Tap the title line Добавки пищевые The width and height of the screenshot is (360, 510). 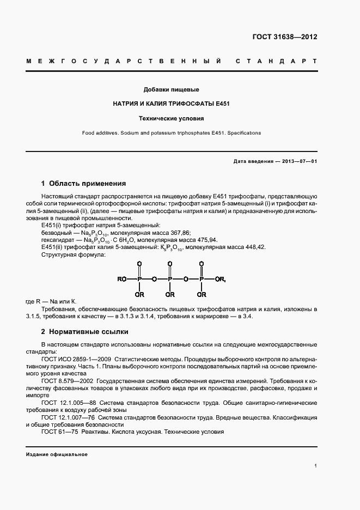171,89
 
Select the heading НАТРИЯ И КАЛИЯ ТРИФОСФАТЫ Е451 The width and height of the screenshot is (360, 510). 171,104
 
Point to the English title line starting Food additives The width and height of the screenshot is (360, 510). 171,133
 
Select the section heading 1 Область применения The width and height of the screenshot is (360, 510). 83,184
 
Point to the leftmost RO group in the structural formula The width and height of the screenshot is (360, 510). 122,280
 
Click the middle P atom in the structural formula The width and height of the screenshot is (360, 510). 170,280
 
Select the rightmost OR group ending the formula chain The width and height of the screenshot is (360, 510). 220,280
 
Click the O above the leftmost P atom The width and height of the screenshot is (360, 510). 139,264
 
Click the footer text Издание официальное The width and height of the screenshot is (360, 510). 57,454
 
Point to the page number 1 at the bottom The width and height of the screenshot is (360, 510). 315,466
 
